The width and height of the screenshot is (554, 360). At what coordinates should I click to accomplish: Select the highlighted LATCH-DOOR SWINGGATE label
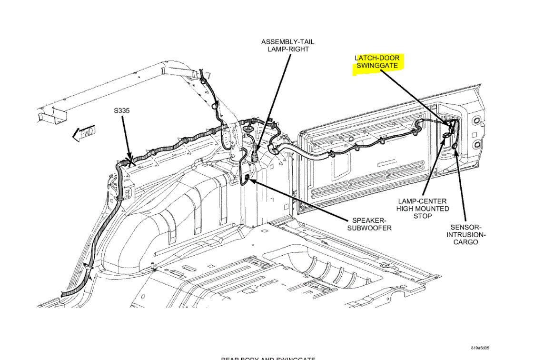tap(377, 62)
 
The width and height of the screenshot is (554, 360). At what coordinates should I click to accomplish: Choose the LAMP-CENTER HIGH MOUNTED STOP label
tap(423, 209)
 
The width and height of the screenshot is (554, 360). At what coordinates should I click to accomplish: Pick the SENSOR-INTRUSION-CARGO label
tap(465, 235)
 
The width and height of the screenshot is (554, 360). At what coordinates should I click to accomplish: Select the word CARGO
tap(465, 242)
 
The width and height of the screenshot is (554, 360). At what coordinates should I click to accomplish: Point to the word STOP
tap(423, 216)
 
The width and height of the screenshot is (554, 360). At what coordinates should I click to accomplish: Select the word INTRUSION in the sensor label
tap(465, 235)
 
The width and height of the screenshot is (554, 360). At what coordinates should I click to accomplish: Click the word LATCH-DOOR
tap(377, 58)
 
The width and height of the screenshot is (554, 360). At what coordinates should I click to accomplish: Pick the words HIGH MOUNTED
tap(423, 209)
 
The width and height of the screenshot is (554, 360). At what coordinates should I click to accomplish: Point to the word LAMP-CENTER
tap(423, 201)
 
